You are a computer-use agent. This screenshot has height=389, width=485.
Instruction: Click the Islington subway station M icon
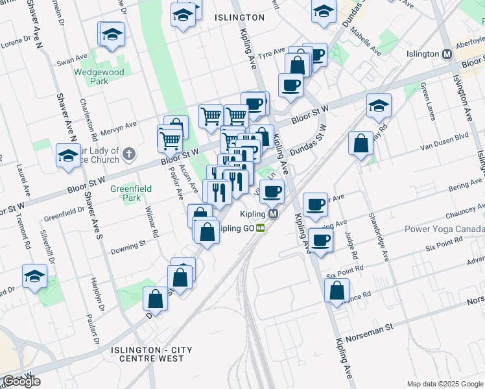tap(447, 54)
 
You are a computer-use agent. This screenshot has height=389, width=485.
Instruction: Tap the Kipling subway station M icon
tap(274, 213)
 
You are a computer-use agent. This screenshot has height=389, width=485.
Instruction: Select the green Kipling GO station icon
tap(261, 228)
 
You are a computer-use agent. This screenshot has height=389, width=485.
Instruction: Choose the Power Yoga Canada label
tap(444, 229)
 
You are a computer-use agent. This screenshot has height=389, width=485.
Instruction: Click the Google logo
tap(21, 381)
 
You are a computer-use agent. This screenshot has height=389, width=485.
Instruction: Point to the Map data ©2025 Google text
tap(444, 384)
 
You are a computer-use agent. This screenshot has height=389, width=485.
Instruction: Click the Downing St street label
tap(128, 247)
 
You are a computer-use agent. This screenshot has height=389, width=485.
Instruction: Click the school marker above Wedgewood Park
tap(112, 36)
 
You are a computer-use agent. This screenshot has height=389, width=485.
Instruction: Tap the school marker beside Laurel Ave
tap(67, 156)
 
